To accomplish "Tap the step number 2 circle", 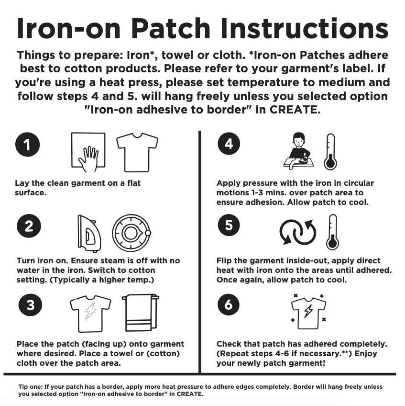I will coord(29,226).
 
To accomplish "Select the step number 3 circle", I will coord(30,305).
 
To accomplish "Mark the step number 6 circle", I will coord(229,304).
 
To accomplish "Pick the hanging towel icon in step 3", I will coord(140,314).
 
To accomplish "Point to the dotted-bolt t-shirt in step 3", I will coord(90,313).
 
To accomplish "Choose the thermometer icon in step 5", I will coord(332,232).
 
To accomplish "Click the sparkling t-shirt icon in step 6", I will coord(308,312).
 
